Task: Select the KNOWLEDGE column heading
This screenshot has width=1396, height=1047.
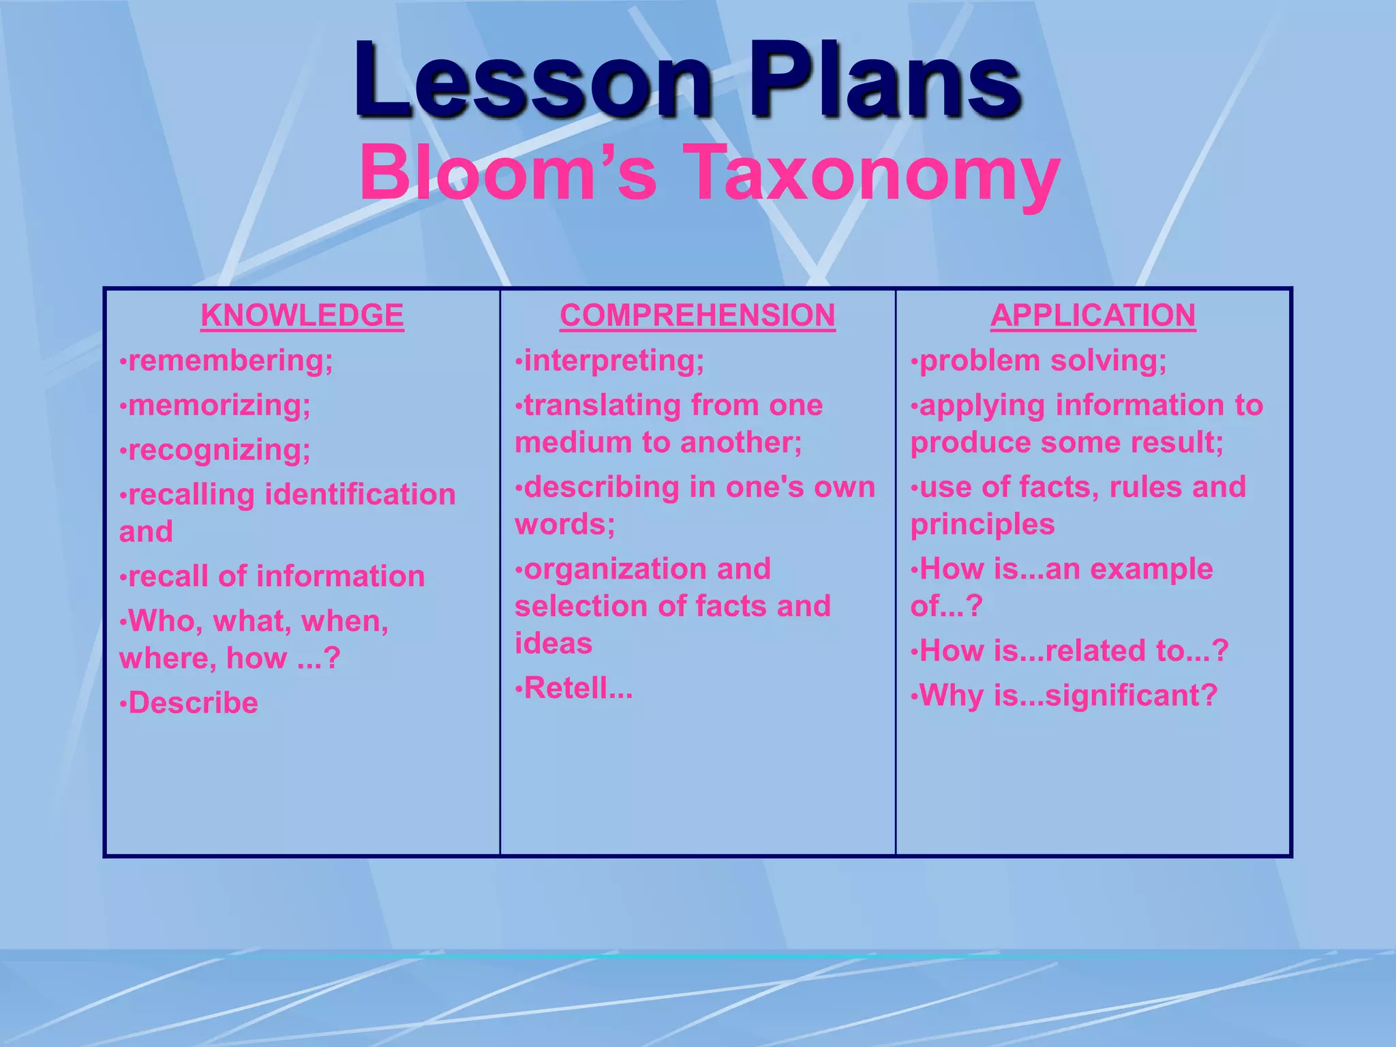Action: coord(302,316)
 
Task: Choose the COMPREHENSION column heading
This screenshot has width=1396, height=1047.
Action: coord(697,316)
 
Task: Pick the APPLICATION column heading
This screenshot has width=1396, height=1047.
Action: coord(1093,316)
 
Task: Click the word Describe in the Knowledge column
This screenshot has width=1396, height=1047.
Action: coord(193,703)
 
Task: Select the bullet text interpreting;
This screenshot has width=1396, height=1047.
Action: coord(613,361)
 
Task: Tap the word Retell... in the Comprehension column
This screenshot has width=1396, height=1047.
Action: coord(578,688)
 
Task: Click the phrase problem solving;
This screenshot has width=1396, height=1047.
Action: coord(1043,361)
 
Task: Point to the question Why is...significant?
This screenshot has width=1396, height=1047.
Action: coord(1068,696)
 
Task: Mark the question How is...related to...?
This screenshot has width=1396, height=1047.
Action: coord(1074,651)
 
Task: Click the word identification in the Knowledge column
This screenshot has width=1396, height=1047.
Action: coord(360,495)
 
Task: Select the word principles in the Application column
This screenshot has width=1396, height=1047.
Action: coord(982,524)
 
